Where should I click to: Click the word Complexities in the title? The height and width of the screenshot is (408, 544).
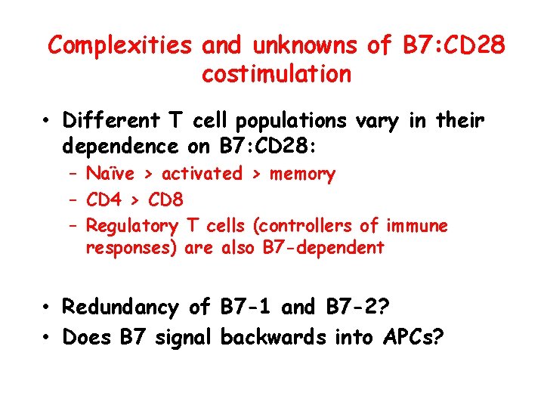121,46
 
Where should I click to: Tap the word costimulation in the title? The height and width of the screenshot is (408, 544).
277,74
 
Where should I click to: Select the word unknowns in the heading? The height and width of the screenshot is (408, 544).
305,46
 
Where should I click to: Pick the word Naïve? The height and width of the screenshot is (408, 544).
110,174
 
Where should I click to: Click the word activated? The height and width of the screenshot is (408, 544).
202,174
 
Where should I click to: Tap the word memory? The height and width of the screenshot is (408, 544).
302,175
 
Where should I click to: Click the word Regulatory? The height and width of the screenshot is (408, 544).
132,226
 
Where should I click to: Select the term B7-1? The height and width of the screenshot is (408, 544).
247,308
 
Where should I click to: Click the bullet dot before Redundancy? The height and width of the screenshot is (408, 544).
47,308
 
